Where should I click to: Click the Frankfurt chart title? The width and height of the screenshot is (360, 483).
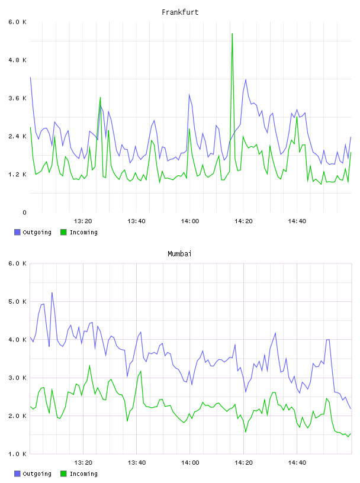[180, 12]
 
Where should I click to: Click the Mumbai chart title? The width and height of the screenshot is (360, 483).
[179, 254]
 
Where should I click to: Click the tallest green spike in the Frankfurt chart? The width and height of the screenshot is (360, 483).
[232, 34]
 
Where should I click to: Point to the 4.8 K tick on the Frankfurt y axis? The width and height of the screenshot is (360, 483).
[18, 60]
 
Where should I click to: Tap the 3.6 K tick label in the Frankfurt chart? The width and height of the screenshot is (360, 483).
[18, 98]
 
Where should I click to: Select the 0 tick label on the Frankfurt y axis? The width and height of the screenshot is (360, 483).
[24, 212]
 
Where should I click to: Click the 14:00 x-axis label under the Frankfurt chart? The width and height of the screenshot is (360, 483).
[190, 221]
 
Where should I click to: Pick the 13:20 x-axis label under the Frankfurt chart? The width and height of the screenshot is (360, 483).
[83, 221]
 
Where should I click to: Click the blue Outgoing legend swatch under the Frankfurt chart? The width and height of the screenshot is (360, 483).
[17, 232]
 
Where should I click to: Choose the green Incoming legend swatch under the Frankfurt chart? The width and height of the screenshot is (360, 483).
[63, 232]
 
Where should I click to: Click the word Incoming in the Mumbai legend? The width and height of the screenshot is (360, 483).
[83, 474]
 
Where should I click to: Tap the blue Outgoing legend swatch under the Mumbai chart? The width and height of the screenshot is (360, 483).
[17, 474]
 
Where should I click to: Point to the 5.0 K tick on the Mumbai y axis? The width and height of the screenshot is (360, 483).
[18, 301]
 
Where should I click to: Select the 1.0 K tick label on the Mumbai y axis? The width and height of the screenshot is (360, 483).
[18, 454]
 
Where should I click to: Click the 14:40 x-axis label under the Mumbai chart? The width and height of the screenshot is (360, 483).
[297, 463]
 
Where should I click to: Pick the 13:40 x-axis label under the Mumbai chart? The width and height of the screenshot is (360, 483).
[137, 463]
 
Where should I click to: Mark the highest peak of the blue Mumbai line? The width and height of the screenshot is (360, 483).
[52, 292]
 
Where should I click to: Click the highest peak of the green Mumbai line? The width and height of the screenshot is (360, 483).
[89, 366]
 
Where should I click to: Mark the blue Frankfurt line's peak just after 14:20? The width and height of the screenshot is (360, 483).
[246, 80]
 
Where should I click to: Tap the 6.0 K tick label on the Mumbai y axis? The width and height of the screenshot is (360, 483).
[18, 263]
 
